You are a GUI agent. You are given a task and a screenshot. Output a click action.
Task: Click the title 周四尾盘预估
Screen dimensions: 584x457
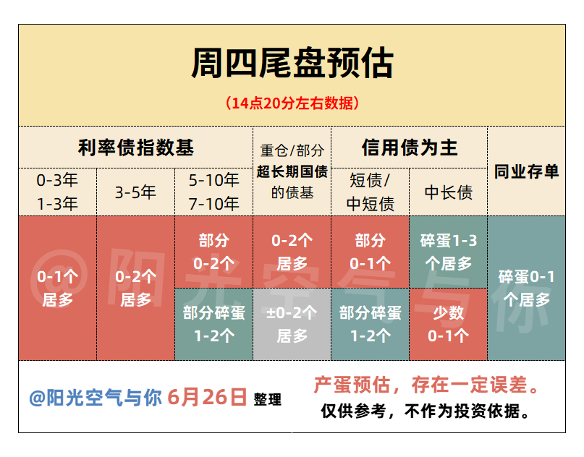tap(292, 63)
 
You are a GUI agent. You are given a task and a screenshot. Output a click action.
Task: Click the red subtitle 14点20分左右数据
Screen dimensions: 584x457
tap(292, 103)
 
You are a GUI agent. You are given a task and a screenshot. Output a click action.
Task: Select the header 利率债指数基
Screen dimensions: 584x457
tap(135, 148)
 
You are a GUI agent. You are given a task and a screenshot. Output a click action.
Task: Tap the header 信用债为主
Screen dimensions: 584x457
tap(410, 148)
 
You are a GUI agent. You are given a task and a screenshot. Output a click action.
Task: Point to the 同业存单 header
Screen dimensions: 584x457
tap(526, 171)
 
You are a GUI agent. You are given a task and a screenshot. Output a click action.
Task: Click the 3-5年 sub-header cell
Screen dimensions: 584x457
tap(135, 192)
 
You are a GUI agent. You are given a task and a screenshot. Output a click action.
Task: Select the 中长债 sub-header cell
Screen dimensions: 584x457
tap(449, 192)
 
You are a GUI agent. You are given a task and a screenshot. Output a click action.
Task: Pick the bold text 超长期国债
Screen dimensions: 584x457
tap(292, 171)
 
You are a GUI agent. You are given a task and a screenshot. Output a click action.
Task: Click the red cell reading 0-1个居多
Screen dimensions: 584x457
tap(57, 288)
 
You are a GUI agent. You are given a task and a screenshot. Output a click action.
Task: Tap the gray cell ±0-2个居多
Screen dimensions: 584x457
tap(292, 324)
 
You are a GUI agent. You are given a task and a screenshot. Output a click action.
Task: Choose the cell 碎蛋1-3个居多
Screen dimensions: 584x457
tap(449, 252)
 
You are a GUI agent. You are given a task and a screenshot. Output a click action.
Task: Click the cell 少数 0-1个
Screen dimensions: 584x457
tap(449, 324)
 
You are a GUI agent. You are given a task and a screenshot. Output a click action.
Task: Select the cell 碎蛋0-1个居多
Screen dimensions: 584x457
tap(526, 288)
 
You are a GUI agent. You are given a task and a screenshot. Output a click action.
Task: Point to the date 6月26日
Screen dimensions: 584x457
tap(207, 397)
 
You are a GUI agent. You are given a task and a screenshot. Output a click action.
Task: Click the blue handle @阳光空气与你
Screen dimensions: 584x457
tap(96, 398)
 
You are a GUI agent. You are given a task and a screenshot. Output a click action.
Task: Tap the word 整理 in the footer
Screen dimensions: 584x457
tap(268, 400)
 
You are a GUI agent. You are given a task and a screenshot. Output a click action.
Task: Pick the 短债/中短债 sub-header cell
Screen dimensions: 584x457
tap(371, 192)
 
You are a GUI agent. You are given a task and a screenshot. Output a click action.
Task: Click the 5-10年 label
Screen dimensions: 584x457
tap(213, 181)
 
